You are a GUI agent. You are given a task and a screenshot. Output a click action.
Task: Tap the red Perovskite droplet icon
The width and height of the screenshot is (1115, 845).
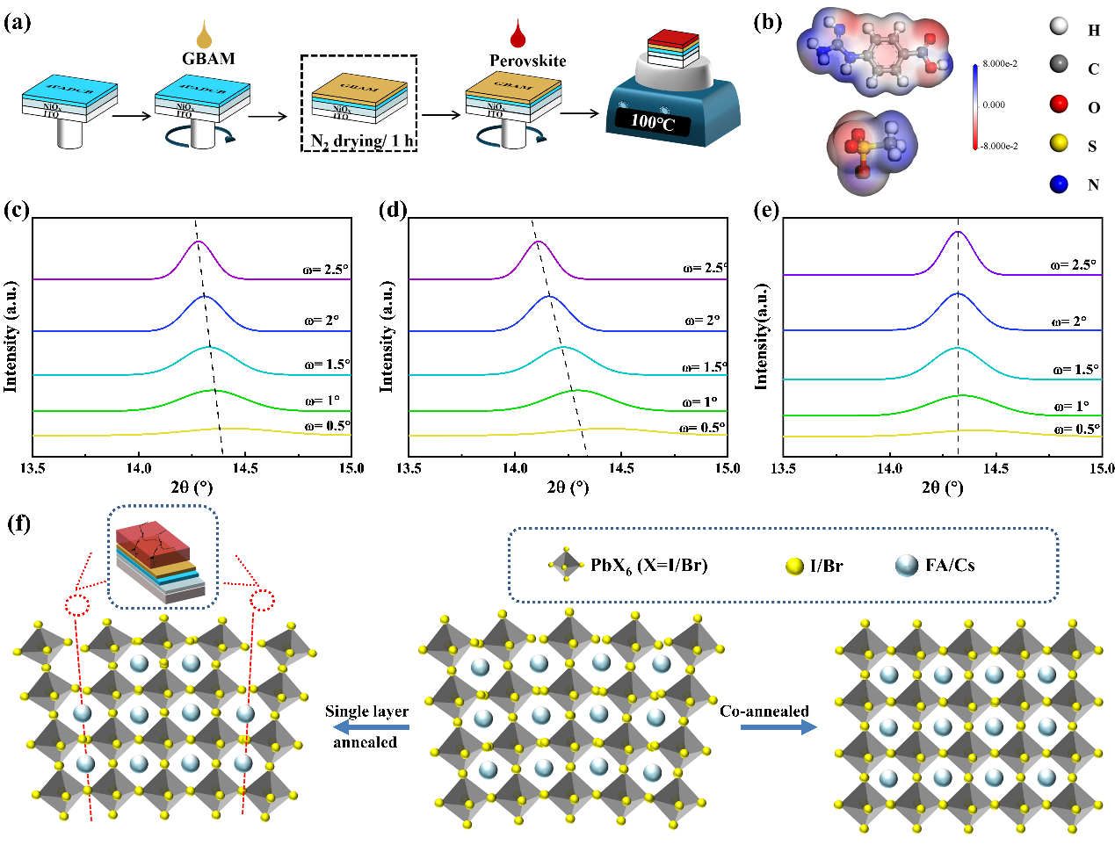click(518, 36)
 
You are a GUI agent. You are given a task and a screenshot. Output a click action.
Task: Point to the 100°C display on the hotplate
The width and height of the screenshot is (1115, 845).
click(652, 121)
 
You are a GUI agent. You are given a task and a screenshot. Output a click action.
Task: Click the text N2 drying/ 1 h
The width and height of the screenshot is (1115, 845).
click(361, 141)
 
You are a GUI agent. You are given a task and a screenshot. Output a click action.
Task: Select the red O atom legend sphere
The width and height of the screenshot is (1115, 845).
click(1059, 105)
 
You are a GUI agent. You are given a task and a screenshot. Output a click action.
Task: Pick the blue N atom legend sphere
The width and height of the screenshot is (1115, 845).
click(1059, 184)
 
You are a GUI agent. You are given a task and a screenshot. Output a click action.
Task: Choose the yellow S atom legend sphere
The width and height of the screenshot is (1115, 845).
click(1059, 144)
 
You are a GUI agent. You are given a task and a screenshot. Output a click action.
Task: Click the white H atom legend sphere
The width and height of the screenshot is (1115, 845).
click(1059, 26)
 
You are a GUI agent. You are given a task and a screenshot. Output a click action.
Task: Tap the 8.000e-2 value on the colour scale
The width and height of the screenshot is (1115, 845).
click(1000, 64)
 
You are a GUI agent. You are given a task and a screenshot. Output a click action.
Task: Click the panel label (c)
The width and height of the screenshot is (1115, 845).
click(17, 211)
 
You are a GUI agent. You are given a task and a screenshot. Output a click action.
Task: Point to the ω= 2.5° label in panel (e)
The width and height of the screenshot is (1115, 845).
click(1074, 264)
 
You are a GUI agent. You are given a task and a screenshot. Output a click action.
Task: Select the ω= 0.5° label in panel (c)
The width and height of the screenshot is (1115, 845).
click(327, 426)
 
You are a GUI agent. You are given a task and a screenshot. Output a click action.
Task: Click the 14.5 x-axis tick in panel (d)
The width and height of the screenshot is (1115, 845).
click(621, 468)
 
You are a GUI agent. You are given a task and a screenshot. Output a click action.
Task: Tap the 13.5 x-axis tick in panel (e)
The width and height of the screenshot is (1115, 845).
click(783, 468)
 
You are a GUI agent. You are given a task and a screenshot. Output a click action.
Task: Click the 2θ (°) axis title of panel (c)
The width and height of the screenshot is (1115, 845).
click(192, 487)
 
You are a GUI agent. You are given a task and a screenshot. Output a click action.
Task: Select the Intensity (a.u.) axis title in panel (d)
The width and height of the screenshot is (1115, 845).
click(387, 336)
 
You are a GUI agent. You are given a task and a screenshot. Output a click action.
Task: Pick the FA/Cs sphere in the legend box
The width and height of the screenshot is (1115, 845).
click(907, 566)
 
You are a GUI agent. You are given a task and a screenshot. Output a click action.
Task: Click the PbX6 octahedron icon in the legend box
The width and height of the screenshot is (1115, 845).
click(566, 565)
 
